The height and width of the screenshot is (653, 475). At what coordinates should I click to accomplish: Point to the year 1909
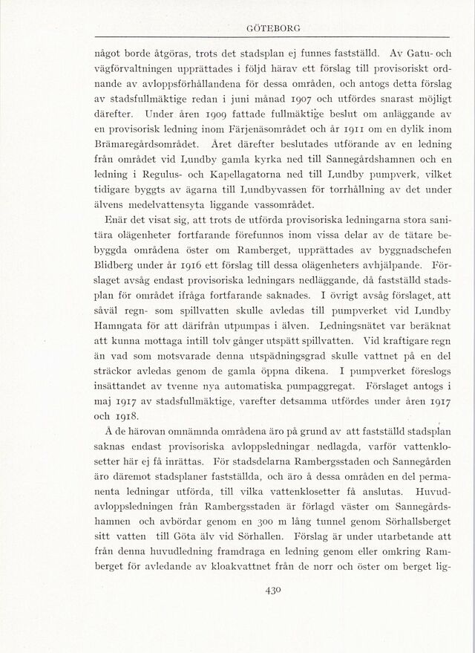point(223,115)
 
